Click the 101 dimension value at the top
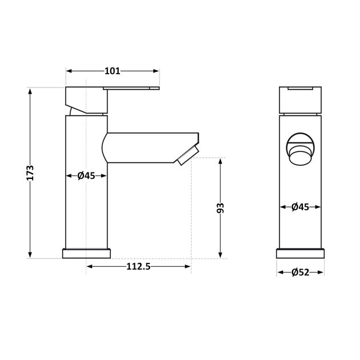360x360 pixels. click(112, 71)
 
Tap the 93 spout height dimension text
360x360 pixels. click(220, 207)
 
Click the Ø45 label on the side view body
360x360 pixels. click(86, 176)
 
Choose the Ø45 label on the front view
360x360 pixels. click(300, 207)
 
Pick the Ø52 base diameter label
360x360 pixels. click(300, 273)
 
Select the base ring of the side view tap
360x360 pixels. click(86, 253)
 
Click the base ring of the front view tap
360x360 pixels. click(301, 253)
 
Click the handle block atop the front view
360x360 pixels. click(300, 99)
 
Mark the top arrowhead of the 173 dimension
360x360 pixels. click(30, 90)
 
